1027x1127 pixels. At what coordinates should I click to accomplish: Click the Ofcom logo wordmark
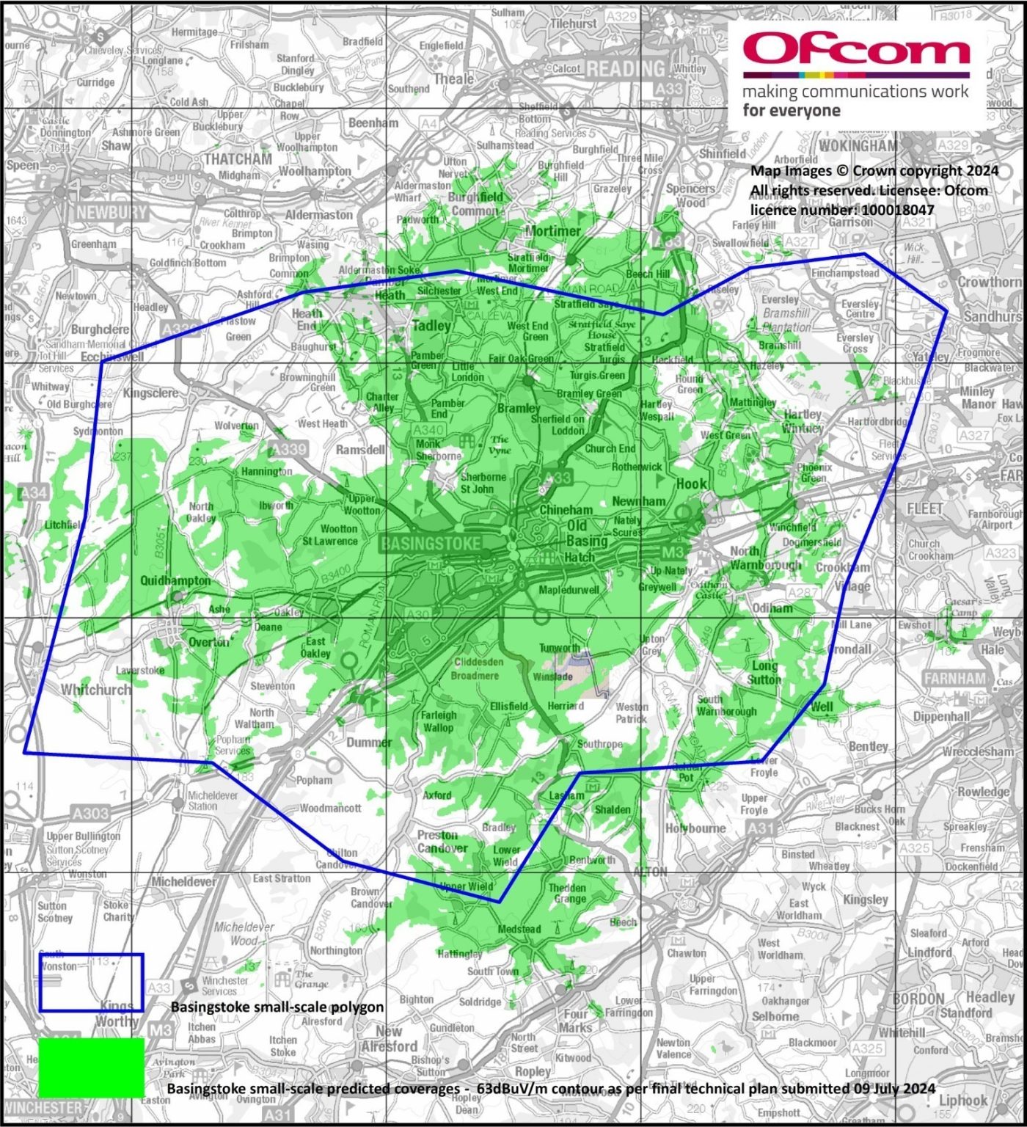point(856,50)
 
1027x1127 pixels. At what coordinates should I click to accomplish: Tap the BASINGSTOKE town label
point(431,544)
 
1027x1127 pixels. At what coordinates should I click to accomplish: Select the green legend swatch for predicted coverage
point(91,1068)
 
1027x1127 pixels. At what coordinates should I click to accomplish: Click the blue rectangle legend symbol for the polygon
point(91,982)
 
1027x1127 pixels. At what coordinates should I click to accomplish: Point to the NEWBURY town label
point(112,212)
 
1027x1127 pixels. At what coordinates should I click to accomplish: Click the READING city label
point(626,69)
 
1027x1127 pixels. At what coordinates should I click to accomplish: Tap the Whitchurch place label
point(96,690)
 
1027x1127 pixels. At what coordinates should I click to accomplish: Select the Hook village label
point(692,484)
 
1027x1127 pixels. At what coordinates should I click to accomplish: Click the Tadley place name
point(432,325)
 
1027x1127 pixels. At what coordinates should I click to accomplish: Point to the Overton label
point(209,642)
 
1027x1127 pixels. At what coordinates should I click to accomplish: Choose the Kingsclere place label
point(150,393)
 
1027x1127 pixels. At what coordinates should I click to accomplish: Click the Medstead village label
point(519,929)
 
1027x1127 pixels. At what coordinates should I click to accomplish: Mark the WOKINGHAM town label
point(858,145)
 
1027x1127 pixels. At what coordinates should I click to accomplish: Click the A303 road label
point(90,813)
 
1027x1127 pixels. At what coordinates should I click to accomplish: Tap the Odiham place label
point(772,608)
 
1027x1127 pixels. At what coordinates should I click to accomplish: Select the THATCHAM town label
point(238,159)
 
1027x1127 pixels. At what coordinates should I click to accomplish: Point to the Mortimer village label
point(553,231)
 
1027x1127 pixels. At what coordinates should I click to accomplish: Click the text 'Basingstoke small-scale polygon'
point(277,1007)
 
